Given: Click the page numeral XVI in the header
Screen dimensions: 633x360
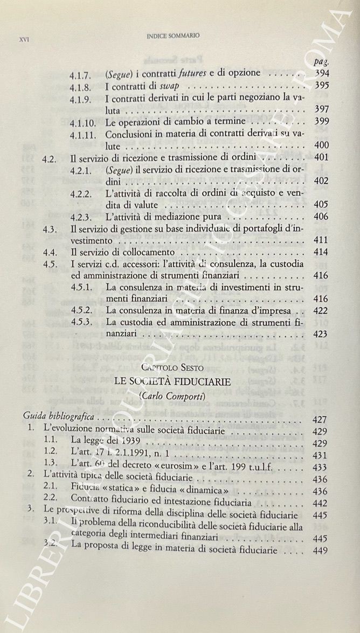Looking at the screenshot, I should [23, 39].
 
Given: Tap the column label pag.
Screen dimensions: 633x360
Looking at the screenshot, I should [321, 62].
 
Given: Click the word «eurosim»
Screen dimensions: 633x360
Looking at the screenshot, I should [188, 465].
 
